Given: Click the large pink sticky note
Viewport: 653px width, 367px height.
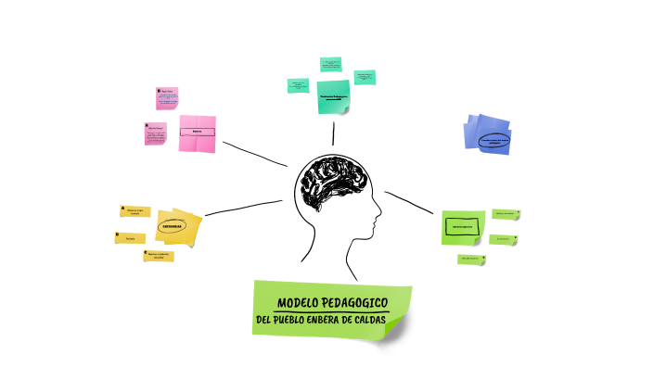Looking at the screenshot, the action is pos(197,133).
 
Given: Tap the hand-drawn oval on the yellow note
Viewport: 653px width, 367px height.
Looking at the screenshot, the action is pos(172,225).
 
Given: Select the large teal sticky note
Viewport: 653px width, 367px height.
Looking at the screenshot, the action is pos(333,97).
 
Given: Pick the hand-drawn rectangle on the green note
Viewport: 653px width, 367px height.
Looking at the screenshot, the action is pos(462,226).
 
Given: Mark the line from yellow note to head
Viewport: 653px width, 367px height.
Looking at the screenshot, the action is pos(243,208).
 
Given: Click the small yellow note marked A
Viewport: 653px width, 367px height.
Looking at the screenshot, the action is pos(135,211).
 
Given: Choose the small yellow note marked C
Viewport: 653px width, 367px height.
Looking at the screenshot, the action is pos(158,256).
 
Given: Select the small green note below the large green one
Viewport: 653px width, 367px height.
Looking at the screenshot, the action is pos(470,259).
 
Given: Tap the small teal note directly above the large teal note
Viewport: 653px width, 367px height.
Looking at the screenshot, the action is pos(330,65).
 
